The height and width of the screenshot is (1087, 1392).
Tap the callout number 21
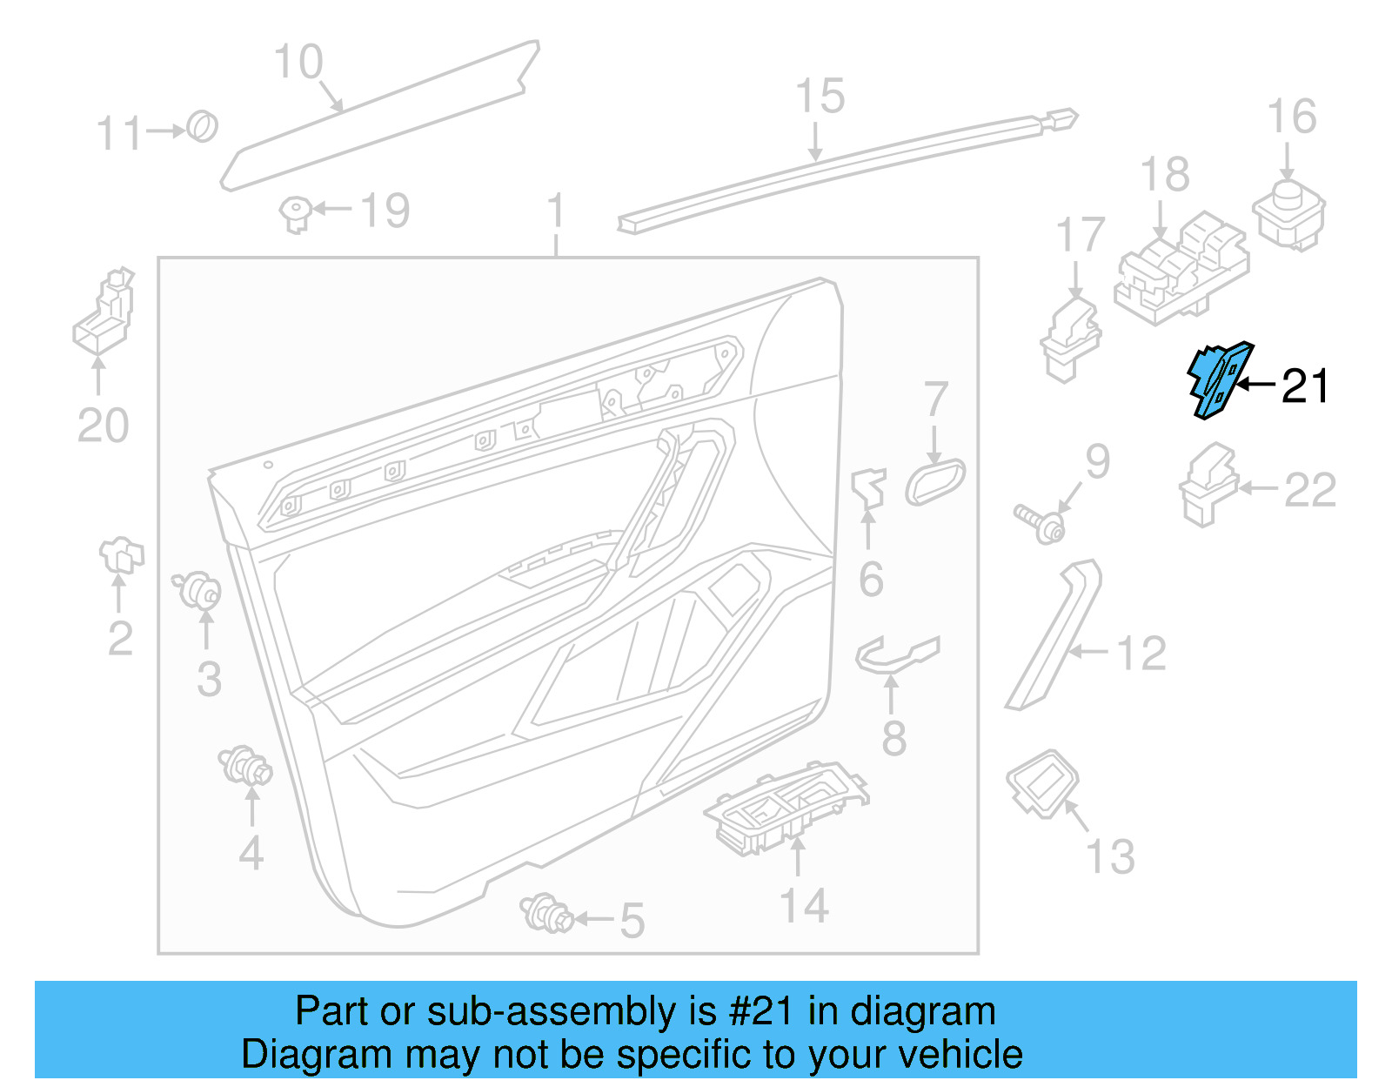[x=1305, y=386]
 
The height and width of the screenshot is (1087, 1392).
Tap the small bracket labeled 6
[x=869, y=490]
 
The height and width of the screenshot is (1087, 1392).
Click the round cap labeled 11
[x=203, y=127]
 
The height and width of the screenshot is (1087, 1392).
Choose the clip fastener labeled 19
[x=296, y=213]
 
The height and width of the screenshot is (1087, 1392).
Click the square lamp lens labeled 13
[x=1042, y=782]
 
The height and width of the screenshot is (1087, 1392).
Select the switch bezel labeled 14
[x=785, y=809]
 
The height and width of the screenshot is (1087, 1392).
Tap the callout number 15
[x=820, y=97]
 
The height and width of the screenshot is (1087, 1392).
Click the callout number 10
[x=298, y=63]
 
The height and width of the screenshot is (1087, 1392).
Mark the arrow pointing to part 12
[x=1087, y=651]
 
